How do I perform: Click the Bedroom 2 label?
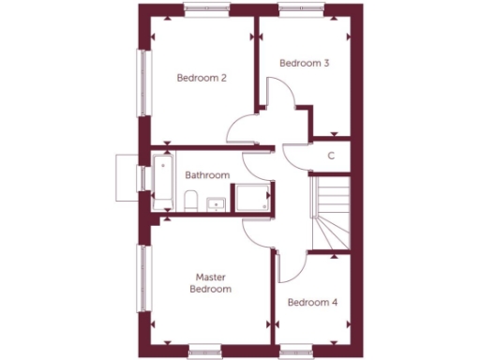point(202,78)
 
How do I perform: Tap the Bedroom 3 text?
point(305,63)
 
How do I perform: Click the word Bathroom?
point(207,175)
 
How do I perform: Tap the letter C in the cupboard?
point(331,157)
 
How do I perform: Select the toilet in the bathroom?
point(190,201)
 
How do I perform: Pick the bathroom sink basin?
point(215,202)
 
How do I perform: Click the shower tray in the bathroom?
point(252,198)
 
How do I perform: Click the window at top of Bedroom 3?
point(303,10)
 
